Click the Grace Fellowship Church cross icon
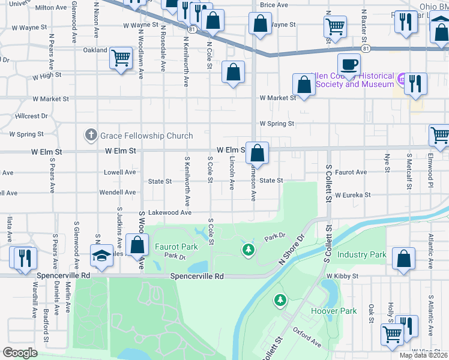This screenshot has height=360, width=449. [x=91, y=135]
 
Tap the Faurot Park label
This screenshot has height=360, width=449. [x=176, y=247]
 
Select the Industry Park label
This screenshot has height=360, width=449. [x=361, y=254]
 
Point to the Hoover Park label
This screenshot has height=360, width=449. [x=334, y=311]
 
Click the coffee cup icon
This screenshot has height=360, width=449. [x=348, y=63]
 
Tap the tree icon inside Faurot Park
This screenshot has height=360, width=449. [x=247, y=248]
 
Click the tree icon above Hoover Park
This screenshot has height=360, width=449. [x=279, y=299]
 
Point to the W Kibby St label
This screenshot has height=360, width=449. [x=342, y=276]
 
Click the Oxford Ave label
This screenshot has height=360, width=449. [x=307, y=337]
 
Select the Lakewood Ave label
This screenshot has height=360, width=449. [x=169, y=212]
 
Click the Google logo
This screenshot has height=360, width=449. [x=19, y=353]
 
